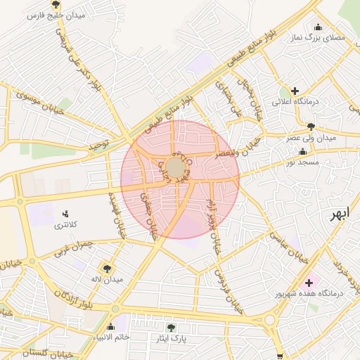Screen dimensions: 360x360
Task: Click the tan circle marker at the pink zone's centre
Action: [x=175, y=167]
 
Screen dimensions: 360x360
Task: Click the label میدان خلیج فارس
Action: [x=56, y=15]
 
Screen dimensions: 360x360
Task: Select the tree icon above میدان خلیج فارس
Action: [x=56, y=5]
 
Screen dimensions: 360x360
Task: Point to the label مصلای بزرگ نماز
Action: [x=320, y=38]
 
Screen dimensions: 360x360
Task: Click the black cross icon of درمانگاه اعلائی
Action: [x=295, y=91]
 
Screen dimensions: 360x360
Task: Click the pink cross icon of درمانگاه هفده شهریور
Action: [x=309, y=282]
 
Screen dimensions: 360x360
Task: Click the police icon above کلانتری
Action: [x=65, y=213]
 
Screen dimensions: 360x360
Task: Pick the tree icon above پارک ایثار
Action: [x=172, y=327]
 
